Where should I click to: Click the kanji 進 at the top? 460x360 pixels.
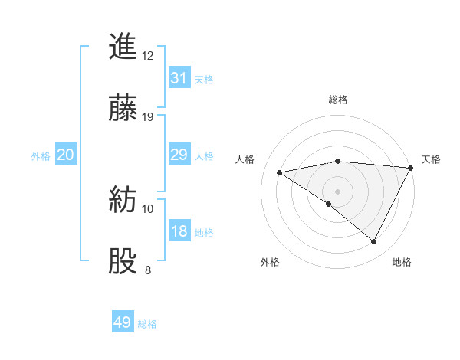coord(123,47)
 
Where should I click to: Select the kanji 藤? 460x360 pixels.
coord(123,109)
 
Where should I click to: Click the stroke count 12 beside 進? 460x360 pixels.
coord(148,55)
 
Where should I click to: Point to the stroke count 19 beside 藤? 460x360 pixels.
coord(148,117)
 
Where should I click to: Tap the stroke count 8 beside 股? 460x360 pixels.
coord(148,270)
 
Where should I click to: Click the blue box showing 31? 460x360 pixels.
coord(179,78)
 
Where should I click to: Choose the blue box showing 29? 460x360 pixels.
coord(179,155)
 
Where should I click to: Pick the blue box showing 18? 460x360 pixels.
coord(179,231)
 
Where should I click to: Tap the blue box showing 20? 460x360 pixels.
coord(66,155)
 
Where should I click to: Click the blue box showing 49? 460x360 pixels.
coord(123,322)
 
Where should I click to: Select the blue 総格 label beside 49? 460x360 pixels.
coord(147,324)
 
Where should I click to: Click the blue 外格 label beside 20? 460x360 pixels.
coord(41,156)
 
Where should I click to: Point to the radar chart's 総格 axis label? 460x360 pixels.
coord(338,100)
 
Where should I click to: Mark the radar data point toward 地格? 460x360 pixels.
coord(374,242)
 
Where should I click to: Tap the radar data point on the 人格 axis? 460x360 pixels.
coord(280,172)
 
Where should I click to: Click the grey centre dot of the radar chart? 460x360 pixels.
coord(337,191)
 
